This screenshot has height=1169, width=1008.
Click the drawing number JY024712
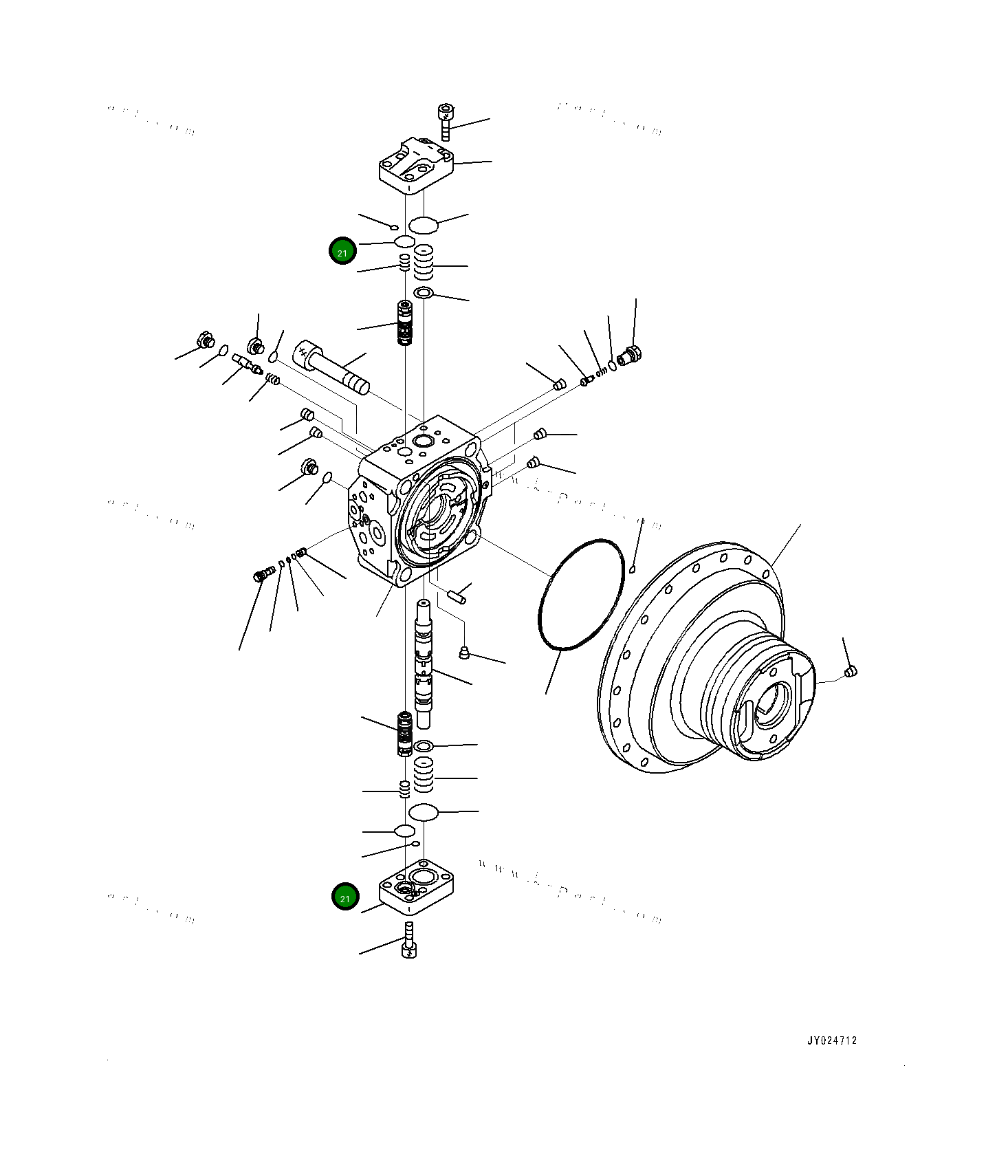click(x=831, y=1040)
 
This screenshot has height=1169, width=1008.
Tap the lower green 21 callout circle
click(x=345, y=897)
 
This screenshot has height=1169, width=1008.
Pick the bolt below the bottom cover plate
click(x=409, y=941)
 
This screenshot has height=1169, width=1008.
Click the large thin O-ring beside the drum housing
click(x=581, y=595)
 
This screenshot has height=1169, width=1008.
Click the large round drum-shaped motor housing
click(x=708, y=660)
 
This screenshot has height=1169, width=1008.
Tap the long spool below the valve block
click(x=424, y=664)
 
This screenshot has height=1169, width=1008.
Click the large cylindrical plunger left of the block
click(x=331, y=368)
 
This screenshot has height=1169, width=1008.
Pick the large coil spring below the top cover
click(x=424, y=261)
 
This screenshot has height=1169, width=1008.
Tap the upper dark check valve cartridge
click(x=405, y=323)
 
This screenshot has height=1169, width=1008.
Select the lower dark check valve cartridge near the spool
click(x=405, y=734)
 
